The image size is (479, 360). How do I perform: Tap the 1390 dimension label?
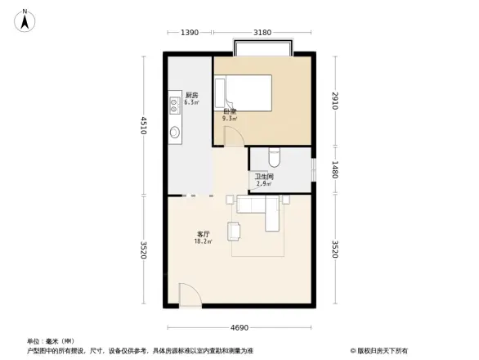click(x=190, y=33)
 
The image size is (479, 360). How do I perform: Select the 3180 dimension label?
click(x=262, y=33)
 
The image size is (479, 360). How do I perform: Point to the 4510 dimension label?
click(x=144, y=126)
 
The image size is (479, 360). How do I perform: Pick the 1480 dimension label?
click(x=336, y=170)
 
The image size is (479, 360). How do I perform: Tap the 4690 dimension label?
click(x=239, y=328)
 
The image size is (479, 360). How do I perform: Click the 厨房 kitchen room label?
click(x=191, y=94)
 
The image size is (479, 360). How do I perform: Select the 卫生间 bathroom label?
click(x=263, y=176)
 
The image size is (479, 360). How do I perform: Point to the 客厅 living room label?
click(x=202, y=234)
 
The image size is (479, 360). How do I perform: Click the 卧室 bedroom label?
click(x=230, y=111)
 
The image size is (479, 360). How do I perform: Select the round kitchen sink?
click(x=175, y=133)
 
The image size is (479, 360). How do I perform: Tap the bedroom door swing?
click(x=234, y=137)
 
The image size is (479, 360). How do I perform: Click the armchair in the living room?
click(x=235, y=232)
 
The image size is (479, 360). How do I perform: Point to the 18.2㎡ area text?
click(x=203, y=242)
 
